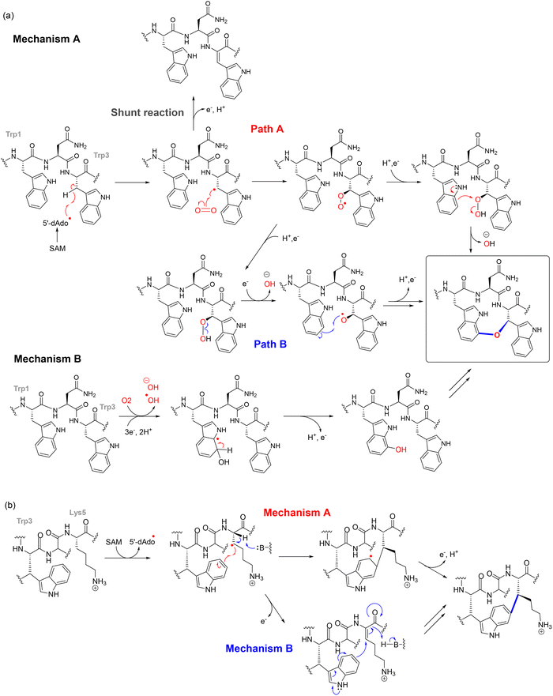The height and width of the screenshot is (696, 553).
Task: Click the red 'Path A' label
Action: point(267,129)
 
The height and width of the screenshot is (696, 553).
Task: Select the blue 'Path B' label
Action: point(270,344)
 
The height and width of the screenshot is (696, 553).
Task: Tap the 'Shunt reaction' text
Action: point(148,113)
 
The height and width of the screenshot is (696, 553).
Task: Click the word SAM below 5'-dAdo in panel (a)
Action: point(57,248)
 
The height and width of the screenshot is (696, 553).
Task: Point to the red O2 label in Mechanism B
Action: point(127,401)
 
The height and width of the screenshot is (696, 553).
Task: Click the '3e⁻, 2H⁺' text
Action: point(138,430)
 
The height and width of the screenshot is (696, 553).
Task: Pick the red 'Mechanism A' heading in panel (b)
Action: point(297,513)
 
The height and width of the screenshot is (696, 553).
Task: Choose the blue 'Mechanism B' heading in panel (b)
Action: point(259,649)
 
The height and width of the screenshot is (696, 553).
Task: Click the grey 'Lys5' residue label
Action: point(77,513)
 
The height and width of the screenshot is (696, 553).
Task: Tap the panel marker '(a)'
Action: point(9,16)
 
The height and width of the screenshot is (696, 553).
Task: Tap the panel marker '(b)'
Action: point(10,505)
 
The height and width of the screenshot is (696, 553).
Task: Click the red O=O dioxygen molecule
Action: point(205,209)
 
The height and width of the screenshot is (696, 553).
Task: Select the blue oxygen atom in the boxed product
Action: point(497,335)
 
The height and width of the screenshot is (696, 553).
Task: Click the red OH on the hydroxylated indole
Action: point(401,450)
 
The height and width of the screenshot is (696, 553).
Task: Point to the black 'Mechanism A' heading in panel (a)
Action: point(47,39)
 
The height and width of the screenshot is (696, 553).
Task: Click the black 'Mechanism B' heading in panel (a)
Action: point(47,359)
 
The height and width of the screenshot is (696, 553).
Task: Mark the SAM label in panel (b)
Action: point(114,542)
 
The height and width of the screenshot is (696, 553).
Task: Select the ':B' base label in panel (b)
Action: point(260,547)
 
